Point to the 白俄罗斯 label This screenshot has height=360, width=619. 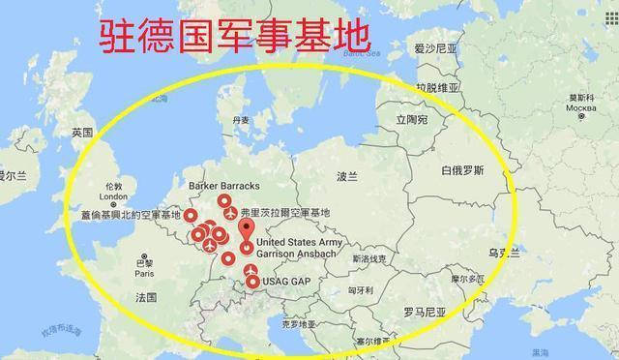tap(461, 170)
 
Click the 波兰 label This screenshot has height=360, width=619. tap(346, 177)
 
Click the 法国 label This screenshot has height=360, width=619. tap(146, 296)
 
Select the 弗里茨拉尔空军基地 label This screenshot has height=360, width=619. tap(284, 212)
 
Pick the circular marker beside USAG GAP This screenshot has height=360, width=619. tap(252, 283)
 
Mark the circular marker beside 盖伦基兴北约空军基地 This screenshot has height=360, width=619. tap(191, 215)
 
